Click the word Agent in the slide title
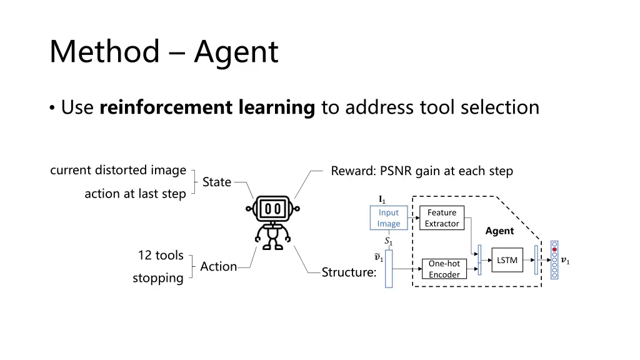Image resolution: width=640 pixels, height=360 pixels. click(236, 52)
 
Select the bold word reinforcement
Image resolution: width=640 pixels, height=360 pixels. click(166, 107)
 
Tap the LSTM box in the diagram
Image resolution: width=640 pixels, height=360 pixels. click(507, 260)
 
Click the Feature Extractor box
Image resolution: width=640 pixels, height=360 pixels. click(442, 218)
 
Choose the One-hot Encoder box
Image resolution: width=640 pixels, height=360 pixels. click(444, 269)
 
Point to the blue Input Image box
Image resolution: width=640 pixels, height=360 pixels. click(389, 218)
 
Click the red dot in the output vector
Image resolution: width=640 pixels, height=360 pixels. click(554, 249)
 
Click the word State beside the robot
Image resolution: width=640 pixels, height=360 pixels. click(217, 182)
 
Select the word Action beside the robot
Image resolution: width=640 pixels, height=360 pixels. click(218, 266)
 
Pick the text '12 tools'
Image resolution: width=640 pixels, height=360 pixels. click(161, 255)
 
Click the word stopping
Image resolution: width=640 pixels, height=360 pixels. click(158, 278)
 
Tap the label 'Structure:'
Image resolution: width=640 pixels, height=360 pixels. click(349, 272)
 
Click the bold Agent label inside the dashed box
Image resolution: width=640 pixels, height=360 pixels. click(499, 231)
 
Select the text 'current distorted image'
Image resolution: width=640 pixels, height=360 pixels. click(118, 170)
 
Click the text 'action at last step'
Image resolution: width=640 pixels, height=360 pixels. click(135, 194)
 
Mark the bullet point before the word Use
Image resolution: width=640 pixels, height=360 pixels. click(52, 108)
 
